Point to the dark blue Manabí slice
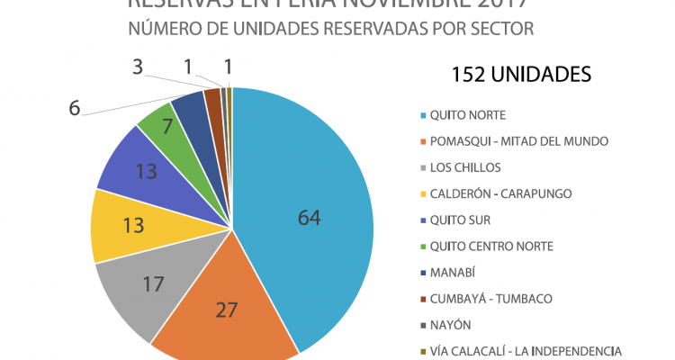click(x=191, y=106)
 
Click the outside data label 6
click(x=76, y=107)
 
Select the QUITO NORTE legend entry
click(x=467, y=115)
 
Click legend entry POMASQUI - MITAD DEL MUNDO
click(x=519, y=141)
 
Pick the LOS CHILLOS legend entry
click(x=464, y=167)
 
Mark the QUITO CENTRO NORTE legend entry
click(x=490, y=247)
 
